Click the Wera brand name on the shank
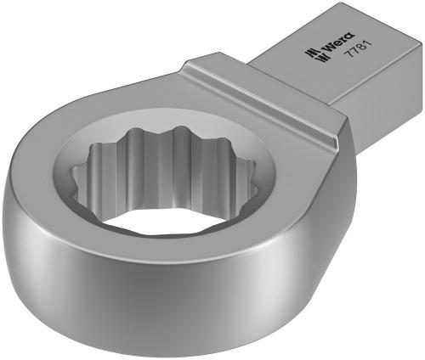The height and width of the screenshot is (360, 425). click(x=333, y=42)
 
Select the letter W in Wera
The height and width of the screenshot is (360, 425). click(x=323, y=48)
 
